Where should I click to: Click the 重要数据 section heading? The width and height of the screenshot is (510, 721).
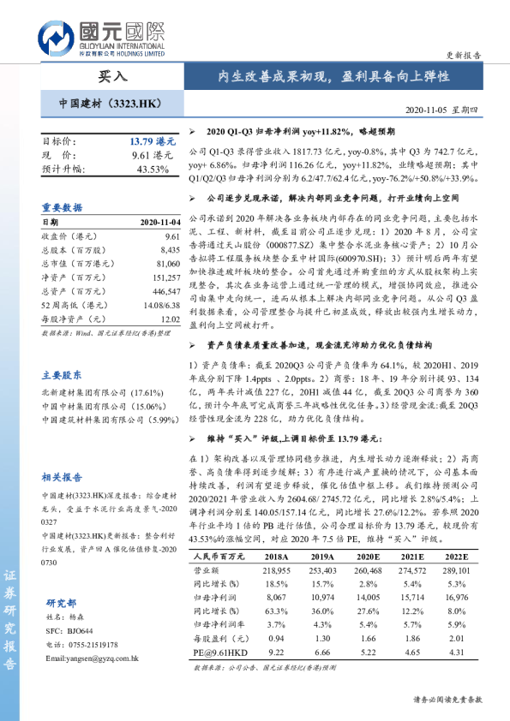(x=63, y=207)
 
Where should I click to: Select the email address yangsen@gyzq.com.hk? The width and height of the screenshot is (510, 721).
(x=93, y=658)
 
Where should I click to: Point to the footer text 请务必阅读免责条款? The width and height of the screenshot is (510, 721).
(x=447, y=700)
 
